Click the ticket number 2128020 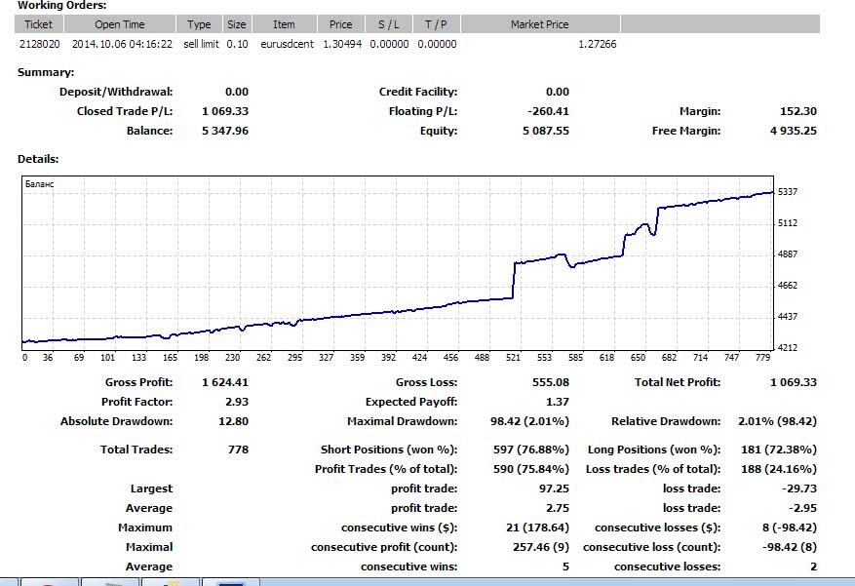[38, 44]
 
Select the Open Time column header [120, 24]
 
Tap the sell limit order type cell [199, 44]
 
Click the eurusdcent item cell [284, 44]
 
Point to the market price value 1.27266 [597, 44]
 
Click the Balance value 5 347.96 [225, 131]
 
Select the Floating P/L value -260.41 [547, 111]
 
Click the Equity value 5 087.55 [546, 131]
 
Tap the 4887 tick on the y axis [788, 254]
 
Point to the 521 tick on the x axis [513, 358]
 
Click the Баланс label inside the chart [40, 183]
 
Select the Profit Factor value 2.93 [236, 402]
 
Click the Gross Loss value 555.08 [551, 382]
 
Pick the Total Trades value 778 [238, 449]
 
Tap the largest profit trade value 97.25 [554, 488]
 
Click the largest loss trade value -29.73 [798, 488]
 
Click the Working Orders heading [62, 6]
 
